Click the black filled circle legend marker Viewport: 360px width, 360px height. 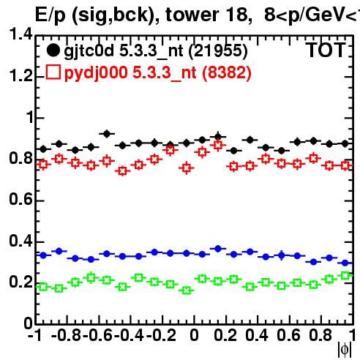coord(53,50)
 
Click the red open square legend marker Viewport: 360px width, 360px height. coord(53,72)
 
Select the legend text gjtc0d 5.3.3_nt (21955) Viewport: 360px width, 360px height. coord(156,51)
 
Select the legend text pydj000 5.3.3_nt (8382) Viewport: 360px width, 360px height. coord(158,72)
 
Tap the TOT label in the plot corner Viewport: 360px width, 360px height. coord(326,50)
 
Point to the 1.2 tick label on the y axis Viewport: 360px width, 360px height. coord(20,76)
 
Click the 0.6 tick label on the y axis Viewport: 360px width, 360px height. coord(20,200)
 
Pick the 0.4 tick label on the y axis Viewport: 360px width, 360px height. coord(20,241)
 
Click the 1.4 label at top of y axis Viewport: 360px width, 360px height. coord(20,34)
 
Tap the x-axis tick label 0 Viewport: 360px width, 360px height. coord(194,335)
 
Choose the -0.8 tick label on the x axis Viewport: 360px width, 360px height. coord(66,335)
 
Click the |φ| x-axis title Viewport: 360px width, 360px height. coord(344,350)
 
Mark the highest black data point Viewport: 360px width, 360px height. coord(107,134)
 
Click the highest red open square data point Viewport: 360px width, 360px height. coord(218,146)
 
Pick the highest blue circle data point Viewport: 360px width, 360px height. coord(218,249)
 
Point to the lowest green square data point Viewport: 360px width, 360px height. coord(187,290)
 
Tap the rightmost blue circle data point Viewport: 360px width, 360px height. coord(345,263)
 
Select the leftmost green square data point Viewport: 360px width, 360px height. coord(43,287)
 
